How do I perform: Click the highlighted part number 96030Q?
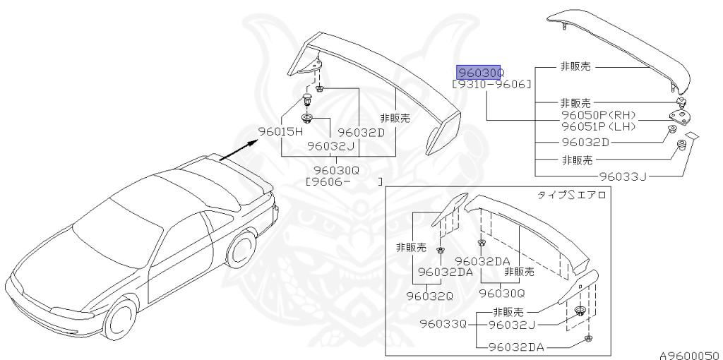[x=479, y=73]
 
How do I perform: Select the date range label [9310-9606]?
[x=491, y=85]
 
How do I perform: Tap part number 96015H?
[x=279, y=132]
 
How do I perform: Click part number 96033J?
[x=623, y=176]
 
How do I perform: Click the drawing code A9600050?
[x=688, y=354]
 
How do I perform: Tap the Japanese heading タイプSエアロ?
[x=572, y=195]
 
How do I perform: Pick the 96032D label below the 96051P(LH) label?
[x=585, y=142]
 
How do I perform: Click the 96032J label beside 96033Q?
[x=512, y=325]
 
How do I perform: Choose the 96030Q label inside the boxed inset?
[x=502, y=292]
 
